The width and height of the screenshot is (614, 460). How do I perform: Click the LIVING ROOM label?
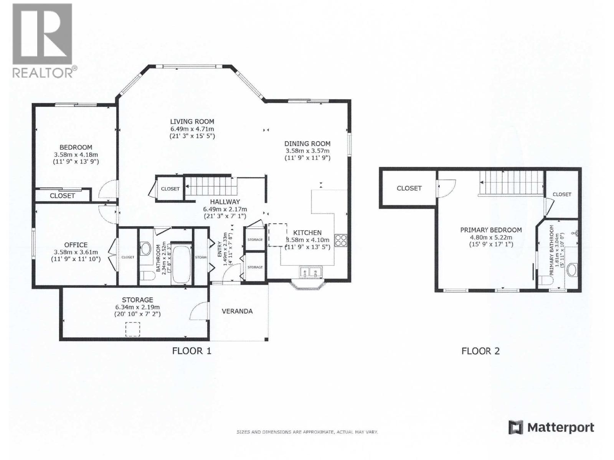coord(192,122)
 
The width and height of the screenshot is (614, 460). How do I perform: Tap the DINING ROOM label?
coord(307,143)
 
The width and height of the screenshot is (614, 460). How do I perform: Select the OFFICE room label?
coord(76,245)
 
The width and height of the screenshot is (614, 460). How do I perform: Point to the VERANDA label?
coord(237,311)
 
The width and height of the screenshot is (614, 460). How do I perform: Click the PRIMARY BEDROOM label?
coord(491,230)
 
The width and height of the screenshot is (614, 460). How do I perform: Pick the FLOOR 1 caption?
coord(191,351)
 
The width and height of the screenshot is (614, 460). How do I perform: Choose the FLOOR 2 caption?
coord(480,351)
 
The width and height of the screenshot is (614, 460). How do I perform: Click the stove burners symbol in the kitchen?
coord(341,240)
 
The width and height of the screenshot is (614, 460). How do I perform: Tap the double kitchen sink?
coord(310,272)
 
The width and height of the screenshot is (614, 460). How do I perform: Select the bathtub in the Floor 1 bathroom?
coord(181,264)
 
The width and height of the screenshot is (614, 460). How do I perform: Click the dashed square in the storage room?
coord(133,329)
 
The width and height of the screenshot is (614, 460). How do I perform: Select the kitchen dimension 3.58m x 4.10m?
coord(307,240)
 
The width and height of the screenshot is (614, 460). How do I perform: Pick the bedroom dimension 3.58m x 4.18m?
coord(76,154)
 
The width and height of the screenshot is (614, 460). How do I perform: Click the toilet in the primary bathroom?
coord(545,281)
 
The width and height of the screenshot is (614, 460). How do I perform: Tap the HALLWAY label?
coord(225,202)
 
